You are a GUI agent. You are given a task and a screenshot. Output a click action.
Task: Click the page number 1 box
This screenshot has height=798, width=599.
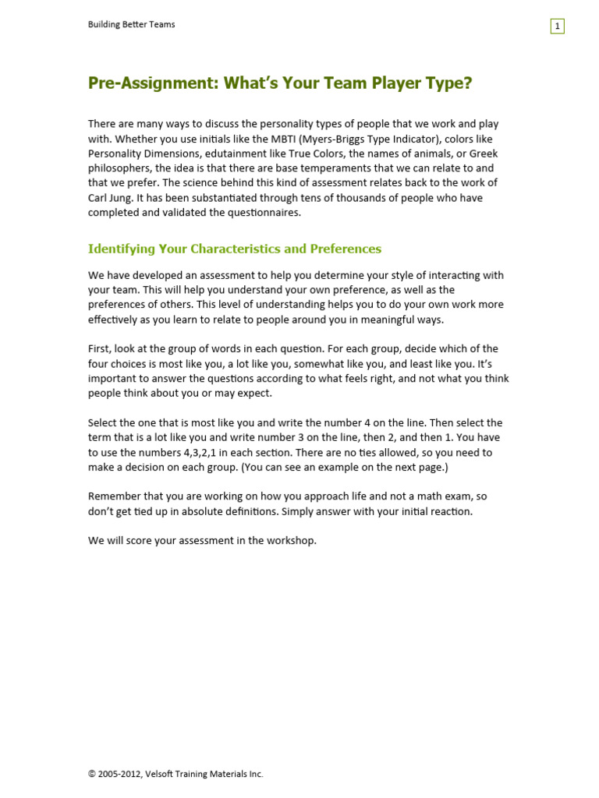coord(557,26)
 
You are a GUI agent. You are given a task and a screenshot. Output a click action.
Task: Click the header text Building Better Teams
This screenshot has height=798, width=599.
coord(131,24)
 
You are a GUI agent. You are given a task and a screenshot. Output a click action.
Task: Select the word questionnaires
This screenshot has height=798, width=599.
coord(261,212)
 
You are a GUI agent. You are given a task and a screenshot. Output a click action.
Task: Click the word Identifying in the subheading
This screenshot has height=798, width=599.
coord(121,249)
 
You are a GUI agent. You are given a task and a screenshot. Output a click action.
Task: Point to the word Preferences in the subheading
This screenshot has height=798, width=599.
coord(346,249)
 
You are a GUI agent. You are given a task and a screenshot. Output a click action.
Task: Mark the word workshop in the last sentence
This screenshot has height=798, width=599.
coord(292,540)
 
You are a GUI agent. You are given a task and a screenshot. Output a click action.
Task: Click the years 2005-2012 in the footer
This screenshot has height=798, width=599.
coord(119,774)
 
